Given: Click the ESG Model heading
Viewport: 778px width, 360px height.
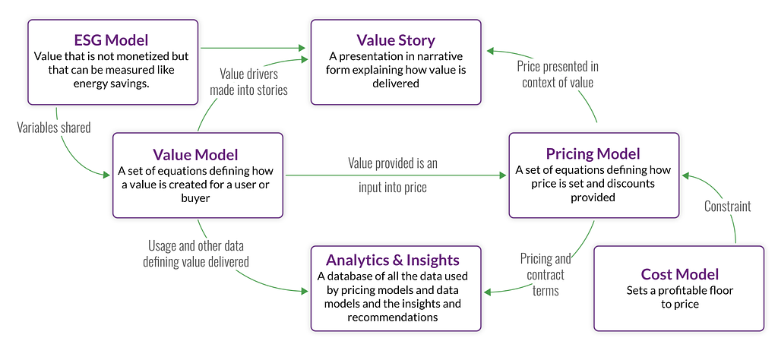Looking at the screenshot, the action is point(112,40).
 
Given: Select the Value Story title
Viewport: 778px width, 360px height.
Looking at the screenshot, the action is point(396,40).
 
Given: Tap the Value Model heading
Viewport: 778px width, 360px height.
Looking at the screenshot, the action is point(195,155).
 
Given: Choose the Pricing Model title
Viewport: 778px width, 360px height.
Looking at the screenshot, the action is point(593,153).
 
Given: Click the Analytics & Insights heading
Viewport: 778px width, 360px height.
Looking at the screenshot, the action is point(393,260).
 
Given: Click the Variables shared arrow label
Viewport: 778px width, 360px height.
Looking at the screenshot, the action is point(54,128).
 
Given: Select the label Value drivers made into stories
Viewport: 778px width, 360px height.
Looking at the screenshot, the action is point(248,82).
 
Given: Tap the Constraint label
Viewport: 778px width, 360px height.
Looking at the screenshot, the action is point(728,206).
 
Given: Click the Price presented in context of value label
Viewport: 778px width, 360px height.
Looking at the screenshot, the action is point(557,74).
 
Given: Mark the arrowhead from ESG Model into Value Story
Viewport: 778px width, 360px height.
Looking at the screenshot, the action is point(302,48).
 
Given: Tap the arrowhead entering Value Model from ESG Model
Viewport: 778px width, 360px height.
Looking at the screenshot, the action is point(106,175).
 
